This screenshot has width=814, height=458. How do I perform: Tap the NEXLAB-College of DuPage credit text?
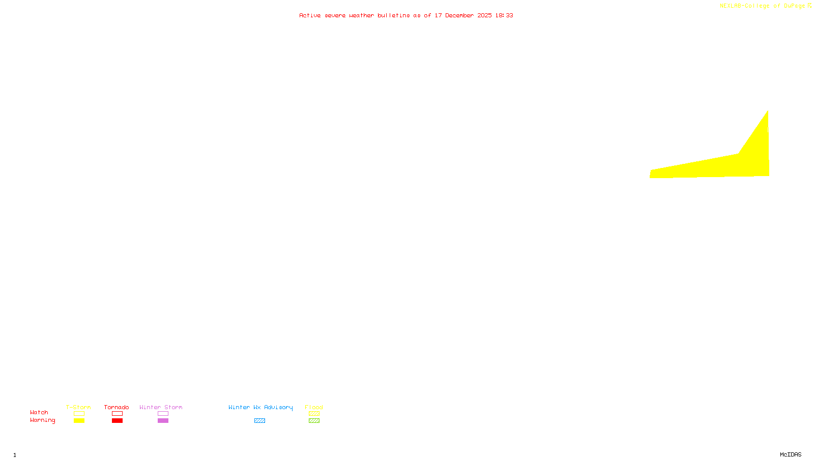[762, 6]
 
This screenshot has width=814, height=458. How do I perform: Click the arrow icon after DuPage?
[810, 6]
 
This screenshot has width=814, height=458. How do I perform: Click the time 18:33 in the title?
[504, 15]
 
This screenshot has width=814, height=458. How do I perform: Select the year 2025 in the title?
[484, 15]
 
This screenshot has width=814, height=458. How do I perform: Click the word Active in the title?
[310, 15]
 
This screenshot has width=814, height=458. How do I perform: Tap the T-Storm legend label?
[78, 407]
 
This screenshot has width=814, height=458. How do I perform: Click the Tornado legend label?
[117, 407]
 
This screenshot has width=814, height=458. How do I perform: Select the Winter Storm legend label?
[161, 407]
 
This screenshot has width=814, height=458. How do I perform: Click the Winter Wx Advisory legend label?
[260, 407]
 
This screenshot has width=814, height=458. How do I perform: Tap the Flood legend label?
[314, 407]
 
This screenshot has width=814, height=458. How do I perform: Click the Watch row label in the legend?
[39, 412]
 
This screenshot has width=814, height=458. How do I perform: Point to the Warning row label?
[43, 420]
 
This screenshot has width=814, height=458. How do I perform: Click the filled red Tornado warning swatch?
[117, 421]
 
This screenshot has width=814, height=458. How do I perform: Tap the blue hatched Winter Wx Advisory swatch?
[259, 421]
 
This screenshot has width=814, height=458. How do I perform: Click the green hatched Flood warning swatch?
[314, 421]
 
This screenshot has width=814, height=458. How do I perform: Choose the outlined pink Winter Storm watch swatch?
[163, 414]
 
